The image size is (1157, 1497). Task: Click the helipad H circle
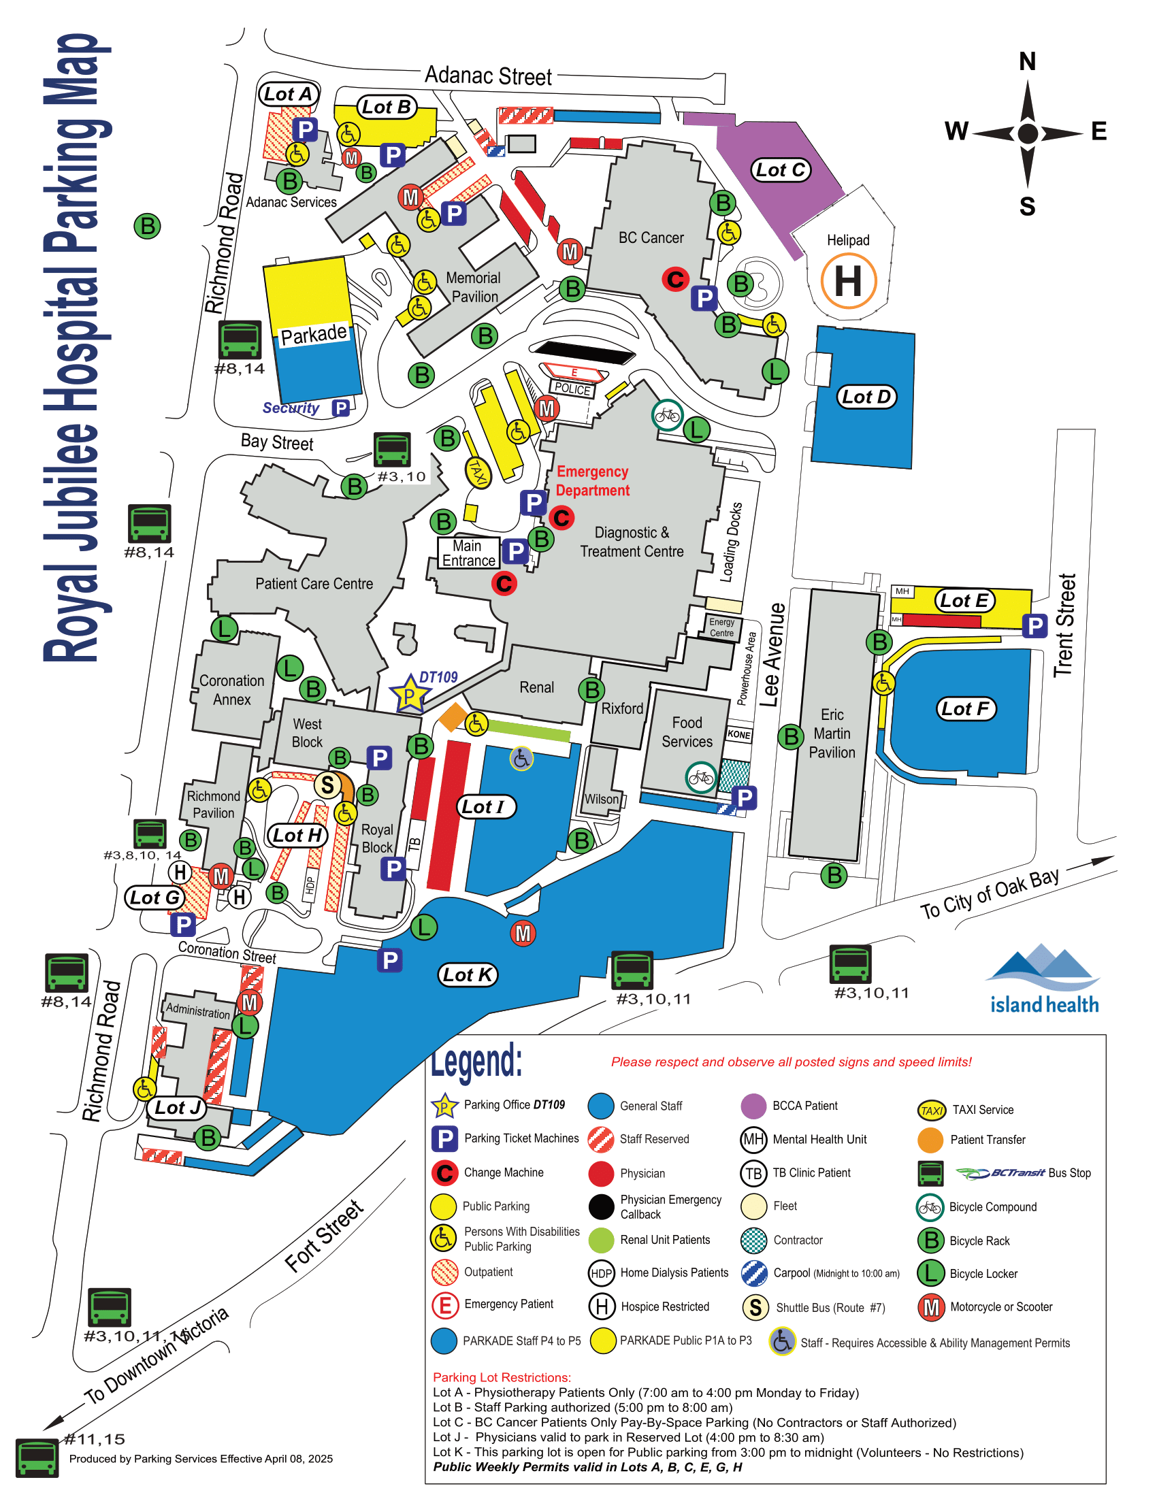coord(849,281)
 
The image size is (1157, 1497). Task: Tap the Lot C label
coord(780,169)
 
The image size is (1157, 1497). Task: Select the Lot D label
coord(866,396)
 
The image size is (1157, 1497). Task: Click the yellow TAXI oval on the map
coord(478,473)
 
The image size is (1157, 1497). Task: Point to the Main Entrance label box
coord(468,553)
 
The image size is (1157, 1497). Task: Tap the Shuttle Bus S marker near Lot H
coord(327,785)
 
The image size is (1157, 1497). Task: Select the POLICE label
coord(572,389)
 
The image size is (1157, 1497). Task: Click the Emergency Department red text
coord(592,480)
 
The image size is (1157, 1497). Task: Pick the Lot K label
coord(468,974)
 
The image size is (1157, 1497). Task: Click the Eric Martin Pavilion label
coord(832,734)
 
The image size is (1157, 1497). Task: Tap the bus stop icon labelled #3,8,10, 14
coord(150,834)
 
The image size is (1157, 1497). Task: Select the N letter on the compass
coord(1027,62)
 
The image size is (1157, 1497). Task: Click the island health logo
coord(1043,978)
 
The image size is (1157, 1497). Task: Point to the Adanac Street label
coord(488,76)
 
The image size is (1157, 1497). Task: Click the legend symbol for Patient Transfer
coord(930,1139)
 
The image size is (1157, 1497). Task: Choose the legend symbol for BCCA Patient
coord(753,1106)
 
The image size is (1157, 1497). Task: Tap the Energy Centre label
coord(721,627)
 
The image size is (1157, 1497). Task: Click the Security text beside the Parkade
coord(291,408)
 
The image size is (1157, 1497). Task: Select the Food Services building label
coord(687,732)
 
